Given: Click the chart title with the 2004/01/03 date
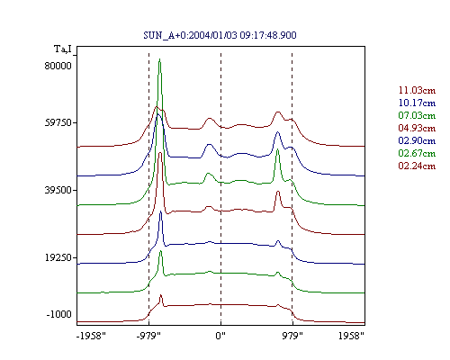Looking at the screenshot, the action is pyautogui.click(x=220, y=35).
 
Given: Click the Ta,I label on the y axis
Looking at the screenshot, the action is pyautogui.click(x=63, y=49).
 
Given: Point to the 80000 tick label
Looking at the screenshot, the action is pyautogui.click(x=58, y=66).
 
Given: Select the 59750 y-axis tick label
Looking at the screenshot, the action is pyautogui.click(x=58, y=122).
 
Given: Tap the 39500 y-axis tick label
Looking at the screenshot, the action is pyautogui.click(x=58, y=190).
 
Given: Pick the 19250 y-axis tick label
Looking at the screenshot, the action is pyautogui.click(x=58, y=257).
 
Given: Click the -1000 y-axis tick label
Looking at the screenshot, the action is pyautogui.click(x=58, y=314).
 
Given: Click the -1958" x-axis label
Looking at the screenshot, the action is pyautogui.click(x=91, y=336).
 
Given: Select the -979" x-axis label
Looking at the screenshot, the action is pyautogui.click(x=148, y=336).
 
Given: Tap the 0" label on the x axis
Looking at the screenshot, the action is pyautogui.click(x=220, y=336).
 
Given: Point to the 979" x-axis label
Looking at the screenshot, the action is pyautogui.click(x=292, y=336).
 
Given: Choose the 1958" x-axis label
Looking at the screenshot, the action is pyautogui.click(x=351, y=336).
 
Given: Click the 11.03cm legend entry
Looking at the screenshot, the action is pyautogui.click(x=417, y=90).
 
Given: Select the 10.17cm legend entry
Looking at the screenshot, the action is pyautogui.click(x=417, y=103).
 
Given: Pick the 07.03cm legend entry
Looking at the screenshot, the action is pyautogui.click(x=417, y=115).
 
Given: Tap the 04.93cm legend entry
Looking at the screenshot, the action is pyautogui.click(x=417, y=128).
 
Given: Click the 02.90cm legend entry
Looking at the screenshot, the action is pyautogui.click(x=417, y=140).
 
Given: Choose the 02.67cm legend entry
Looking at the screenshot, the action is pyautogui.click(x=417, y=153).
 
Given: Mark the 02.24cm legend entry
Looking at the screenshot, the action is pyautogui.click(x=417, y=166).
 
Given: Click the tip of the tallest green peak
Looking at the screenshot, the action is pyautogui.click(x=159, y=58).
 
